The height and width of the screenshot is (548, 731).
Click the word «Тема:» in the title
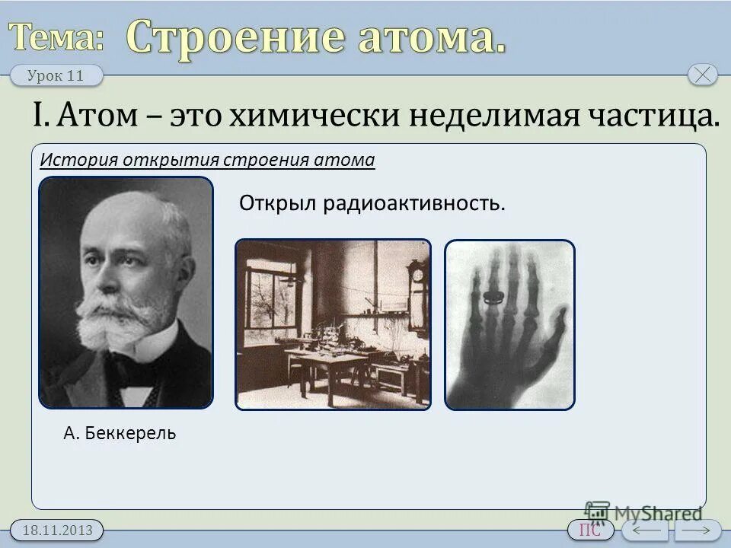57,36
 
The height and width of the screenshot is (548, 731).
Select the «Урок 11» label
56,75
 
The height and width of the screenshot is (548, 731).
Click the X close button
702,75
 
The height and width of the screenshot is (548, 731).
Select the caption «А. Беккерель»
120,434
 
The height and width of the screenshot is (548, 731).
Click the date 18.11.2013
57,530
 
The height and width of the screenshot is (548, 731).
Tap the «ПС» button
590,530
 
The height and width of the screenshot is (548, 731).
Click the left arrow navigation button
644,530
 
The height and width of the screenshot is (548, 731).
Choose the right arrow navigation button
697,530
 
